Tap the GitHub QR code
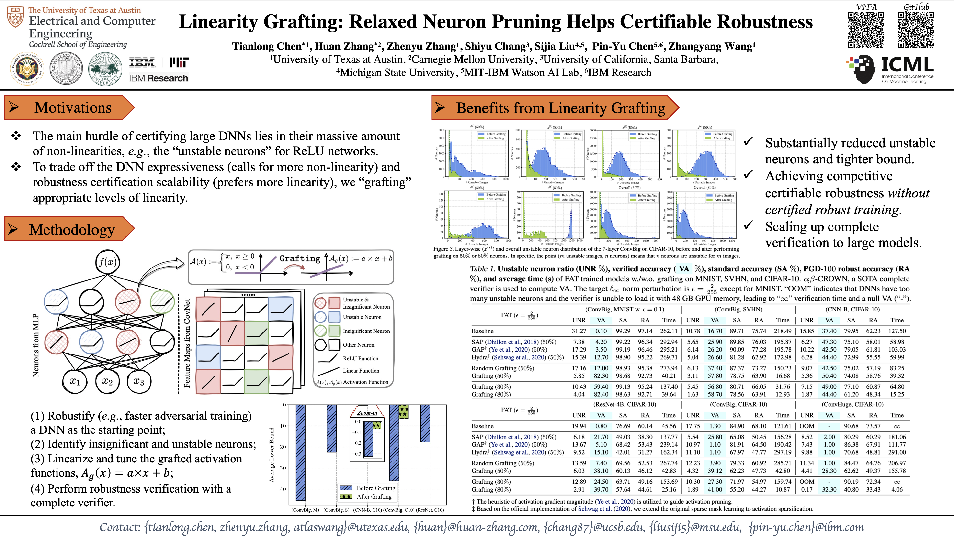coord(916,30)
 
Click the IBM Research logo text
coord(159,78)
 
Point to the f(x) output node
coord(107,262)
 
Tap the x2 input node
coord(107,381)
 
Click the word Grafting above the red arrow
coord(300,258)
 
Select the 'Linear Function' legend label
coord(361,371)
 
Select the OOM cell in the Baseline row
coord(807,426)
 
